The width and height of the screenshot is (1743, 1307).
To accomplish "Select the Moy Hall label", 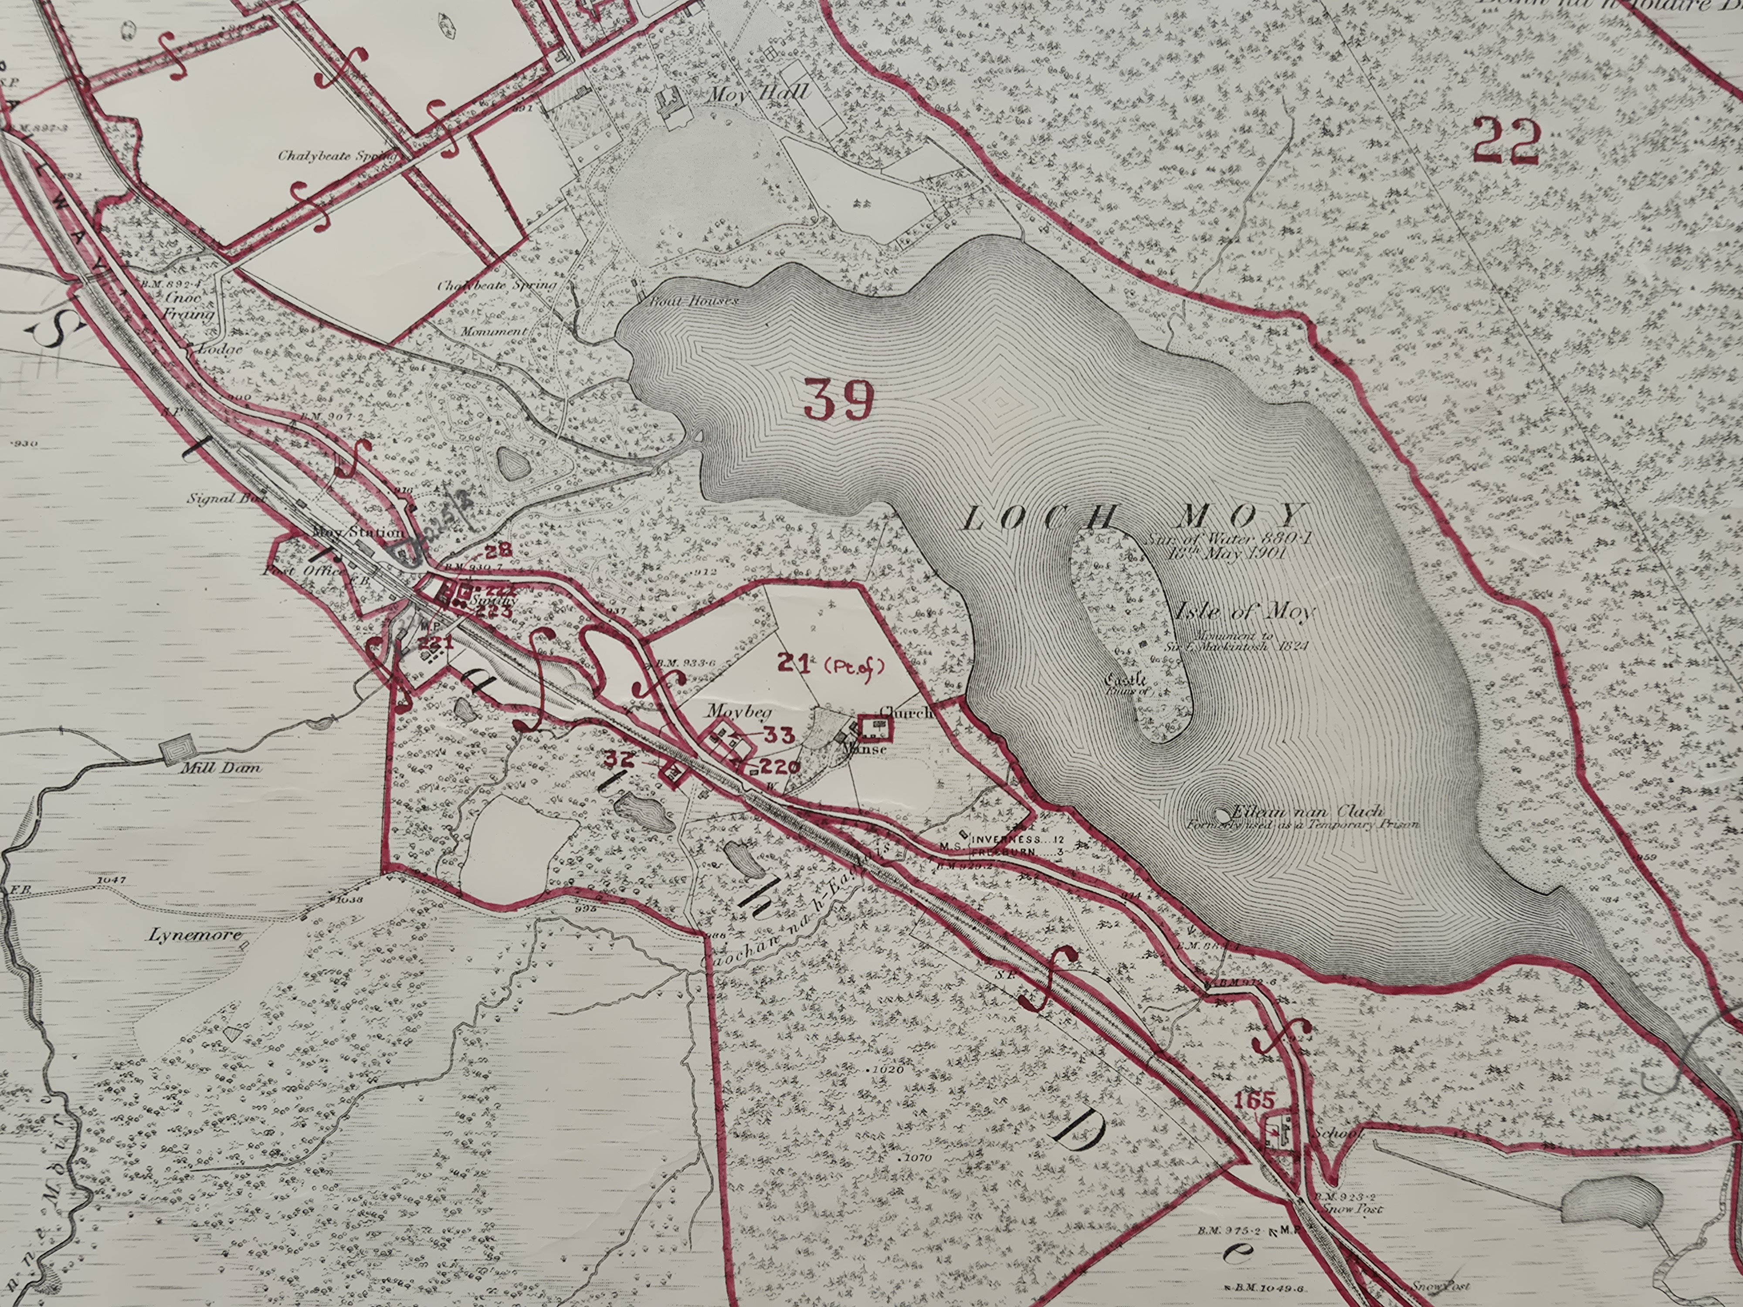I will point(759,92).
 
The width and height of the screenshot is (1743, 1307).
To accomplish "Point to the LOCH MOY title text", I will point(1133,518).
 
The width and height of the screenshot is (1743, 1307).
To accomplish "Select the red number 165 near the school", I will point(1255,1100).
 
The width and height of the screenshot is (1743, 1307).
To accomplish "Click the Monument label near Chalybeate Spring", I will point(493,332).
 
